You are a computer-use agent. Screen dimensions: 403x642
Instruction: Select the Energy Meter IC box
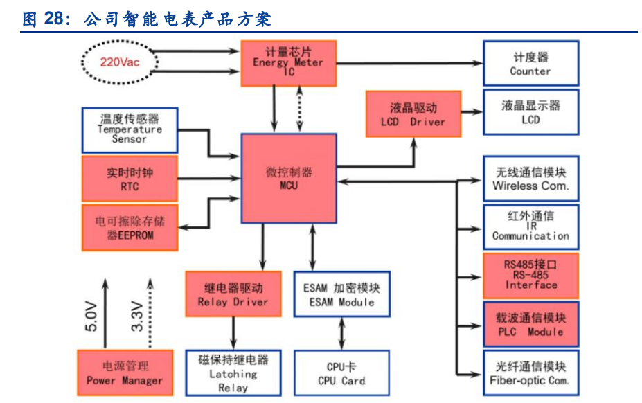[x=288, y=63]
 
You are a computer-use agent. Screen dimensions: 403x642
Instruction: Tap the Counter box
[x=530, y=63]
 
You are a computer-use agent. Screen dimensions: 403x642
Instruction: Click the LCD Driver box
[x=413, y=114]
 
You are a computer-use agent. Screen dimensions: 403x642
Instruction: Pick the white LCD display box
[x=530, y=112]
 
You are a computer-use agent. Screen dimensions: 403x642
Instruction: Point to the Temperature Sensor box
[x=130, y=129]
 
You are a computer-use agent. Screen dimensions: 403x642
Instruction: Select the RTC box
[x=130, y=179]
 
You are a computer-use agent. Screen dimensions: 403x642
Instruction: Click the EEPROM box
[x=130, y=228]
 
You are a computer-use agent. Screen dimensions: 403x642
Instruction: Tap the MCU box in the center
[x=288, y=179]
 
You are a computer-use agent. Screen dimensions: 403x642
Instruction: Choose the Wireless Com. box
[x=530, y=179]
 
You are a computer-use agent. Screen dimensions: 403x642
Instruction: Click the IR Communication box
[x=530, y=226]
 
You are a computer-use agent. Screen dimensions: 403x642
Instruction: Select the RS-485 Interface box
[x=530, y=276]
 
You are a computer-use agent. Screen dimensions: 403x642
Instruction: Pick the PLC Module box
[x=530, y=324]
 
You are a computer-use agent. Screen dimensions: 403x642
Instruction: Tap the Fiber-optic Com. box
[x=530, y=373]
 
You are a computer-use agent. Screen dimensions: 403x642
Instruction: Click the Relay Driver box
[x=233, y=294]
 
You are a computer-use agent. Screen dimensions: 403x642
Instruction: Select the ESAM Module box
[x=342, y=294]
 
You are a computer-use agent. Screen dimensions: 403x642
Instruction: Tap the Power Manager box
[x=125, y=373]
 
